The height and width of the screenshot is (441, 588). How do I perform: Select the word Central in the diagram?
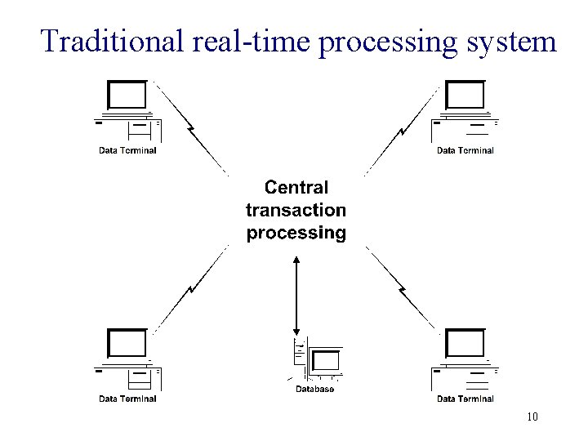coord(296,188)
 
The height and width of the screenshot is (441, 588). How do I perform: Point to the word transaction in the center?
coord(296,210)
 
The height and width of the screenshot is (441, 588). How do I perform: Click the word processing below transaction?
coord(296,233)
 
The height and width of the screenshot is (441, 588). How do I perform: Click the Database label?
coord(314,390)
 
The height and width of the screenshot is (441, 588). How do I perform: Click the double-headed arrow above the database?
coord(296,294)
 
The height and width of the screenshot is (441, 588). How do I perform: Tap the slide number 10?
coord(532,418)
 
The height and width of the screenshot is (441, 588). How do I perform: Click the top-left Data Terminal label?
coord(127,150)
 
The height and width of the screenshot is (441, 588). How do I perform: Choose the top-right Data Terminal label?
coord(465,150)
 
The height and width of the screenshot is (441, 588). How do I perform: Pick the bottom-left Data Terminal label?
coord(127,399)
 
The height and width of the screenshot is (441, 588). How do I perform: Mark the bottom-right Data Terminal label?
coord(465,399)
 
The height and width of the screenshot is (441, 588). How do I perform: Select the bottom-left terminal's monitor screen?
coord(127,344)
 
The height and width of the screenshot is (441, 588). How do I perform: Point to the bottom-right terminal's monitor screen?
coord(465,344)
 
